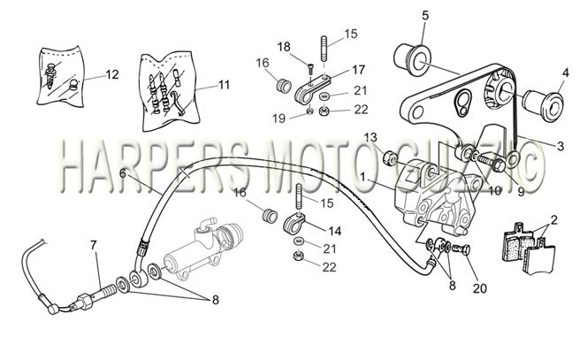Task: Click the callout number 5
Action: pyautogui.click(x=425, y=16)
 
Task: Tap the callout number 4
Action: pyautogui.click(x=566, y=73)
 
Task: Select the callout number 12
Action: pyautogui.click(x=112, y=74)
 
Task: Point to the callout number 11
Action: pyautogui.click(x=224, y=85)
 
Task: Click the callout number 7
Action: pyautogui.click(x=93, y=245)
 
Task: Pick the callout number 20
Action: pyautogui.click(x=480, y=288)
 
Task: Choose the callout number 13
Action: pyautogui.click(x=370, y=137)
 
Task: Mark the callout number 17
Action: pyautogui.click(x=358, y=70)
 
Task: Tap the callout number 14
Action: pyautogui.click(x=335, y=231)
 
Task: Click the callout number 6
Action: pyautogui.click(x=123, y=173)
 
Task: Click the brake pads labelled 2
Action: pyautogui.click(x=529, y=246)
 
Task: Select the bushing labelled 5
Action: pyautogui.click(x=413, y=60)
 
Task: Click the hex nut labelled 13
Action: pyautogui.click(x=390, y=157)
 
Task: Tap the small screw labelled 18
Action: pyautogui.click(x=311, y=69)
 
